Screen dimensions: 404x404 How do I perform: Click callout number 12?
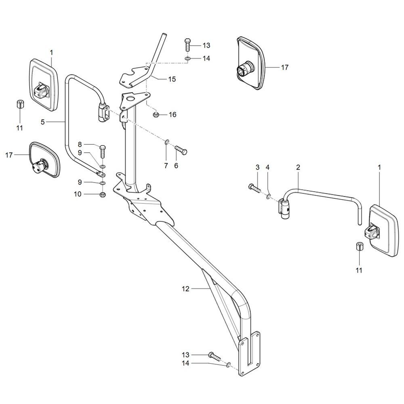[x=185, y=289]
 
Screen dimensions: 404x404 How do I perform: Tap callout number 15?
[x=172, y=79]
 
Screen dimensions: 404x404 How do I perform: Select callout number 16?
[x=173, y=114]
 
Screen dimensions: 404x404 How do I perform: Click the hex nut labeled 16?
[x=156, y=115]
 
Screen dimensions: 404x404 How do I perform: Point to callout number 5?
[x=43, y=122]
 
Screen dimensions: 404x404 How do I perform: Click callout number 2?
[x=298, y=167]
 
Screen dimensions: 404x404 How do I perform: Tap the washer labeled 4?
[x=269, y=197]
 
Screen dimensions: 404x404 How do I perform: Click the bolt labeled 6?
[x=181, y=150]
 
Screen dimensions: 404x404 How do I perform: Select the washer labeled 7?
[x=167, y=142]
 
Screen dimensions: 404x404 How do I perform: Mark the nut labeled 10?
[x=102, y=195]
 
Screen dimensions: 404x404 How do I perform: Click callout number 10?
[x=78, y=194]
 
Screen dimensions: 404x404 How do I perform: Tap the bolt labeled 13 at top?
[x=187, y=46]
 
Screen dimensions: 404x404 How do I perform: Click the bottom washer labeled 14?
[x=228, y=365]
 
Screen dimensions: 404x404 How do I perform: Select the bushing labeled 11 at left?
[x=20, y=105]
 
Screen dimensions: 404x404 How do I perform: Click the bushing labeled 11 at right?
[x=359, y=246]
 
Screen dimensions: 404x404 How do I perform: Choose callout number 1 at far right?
[x=379, y=167]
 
